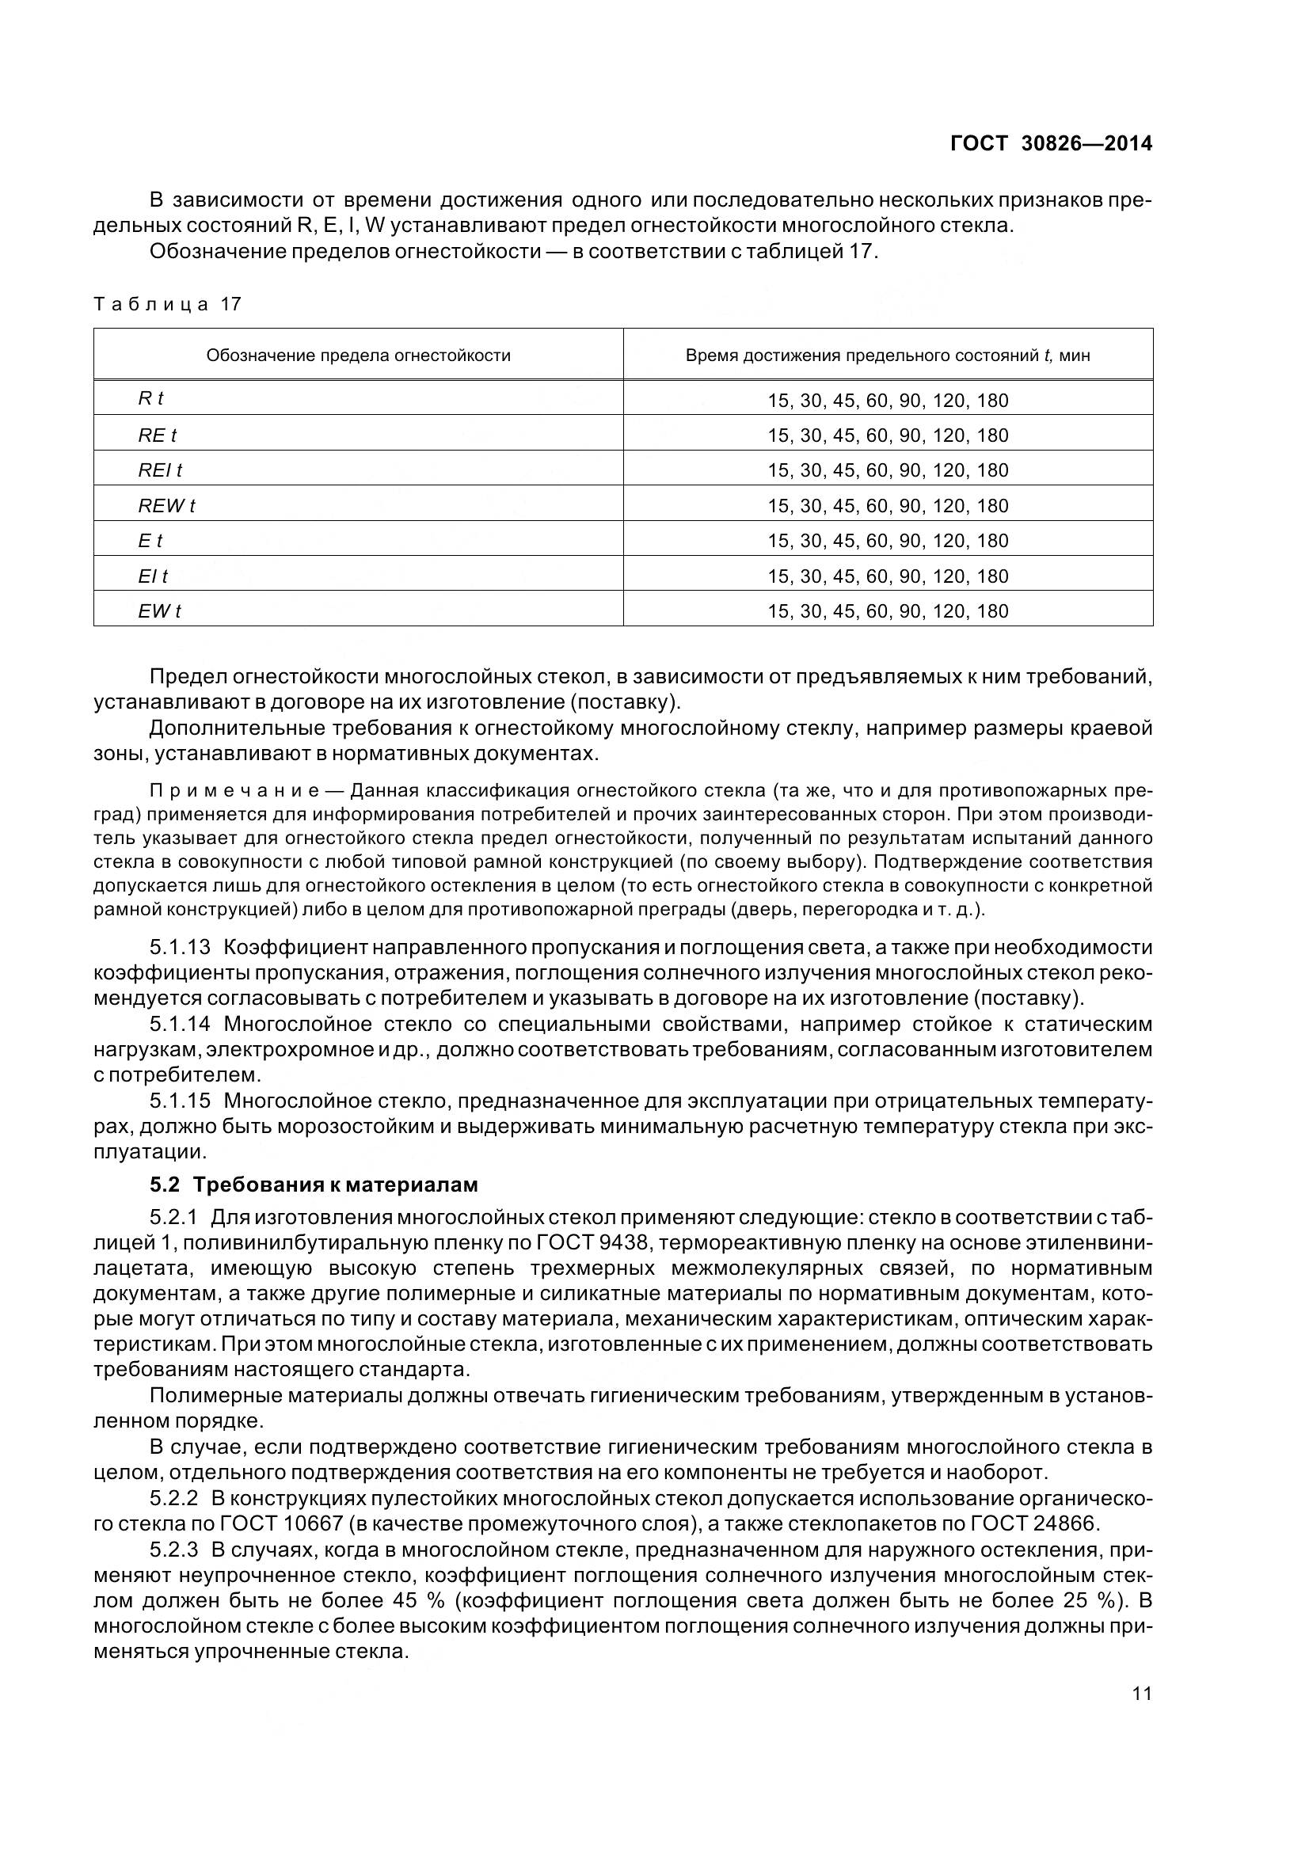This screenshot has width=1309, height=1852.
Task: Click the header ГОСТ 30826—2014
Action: pos(1051,144)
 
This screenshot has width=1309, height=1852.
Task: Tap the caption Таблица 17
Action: pos(168,304)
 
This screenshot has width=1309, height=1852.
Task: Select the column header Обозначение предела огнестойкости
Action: pos(358,356)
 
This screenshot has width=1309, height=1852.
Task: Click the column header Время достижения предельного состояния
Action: pos(887,356)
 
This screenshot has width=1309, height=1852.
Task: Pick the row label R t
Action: pos(150,398)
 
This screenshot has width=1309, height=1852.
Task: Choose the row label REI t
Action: pos(160,470)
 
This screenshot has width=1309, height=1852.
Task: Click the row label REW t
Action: pos(166,506)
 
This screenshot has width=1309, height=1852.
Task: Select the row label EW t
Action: pos(159,611)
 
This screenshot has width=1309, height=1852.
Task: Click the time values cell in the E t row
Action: pos(887,542)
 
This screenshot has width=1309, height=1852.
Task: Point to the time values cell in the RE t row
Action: pos(887,435)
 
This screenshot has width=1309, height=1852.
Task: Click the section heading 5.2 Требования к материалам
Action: pos(314,1185)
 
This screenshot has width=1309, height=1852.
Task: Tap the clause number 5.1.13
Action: pos(180,947)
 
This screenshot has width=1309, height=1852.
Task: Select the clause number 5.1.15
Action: pos(180,1101)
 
